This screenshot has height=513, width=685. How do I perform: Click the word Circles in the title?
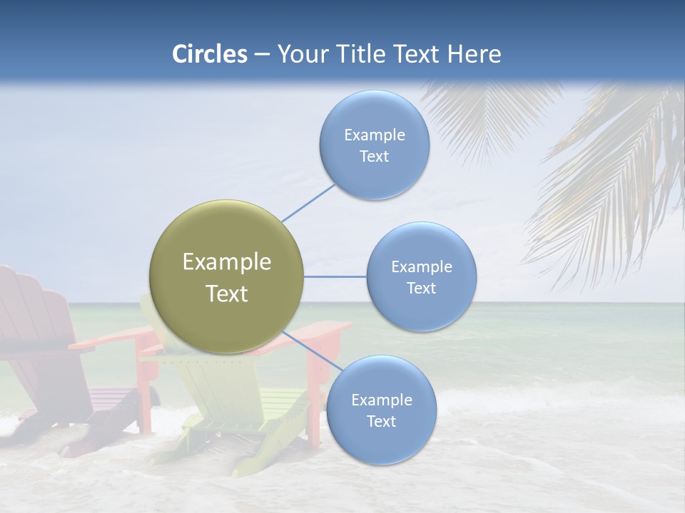pos(210,54)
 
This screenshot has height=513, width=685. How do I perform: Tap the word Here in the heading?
pos(475,54)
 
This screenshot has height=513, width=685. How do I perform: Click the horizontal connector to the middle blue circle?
pos(335,276)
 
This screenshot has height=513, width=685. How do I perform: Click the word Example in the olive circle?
pos(227,262)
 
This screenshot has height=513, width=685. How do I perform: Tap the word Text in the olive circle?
pos(227,294)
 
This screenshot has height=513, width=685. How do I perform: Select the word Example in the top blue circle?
pos(375,135)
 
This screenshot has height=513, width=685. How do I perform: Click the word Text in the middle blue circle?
pos(421,288)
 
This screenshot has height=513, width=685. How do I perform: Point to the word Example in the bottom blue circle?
pos(381,400)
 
